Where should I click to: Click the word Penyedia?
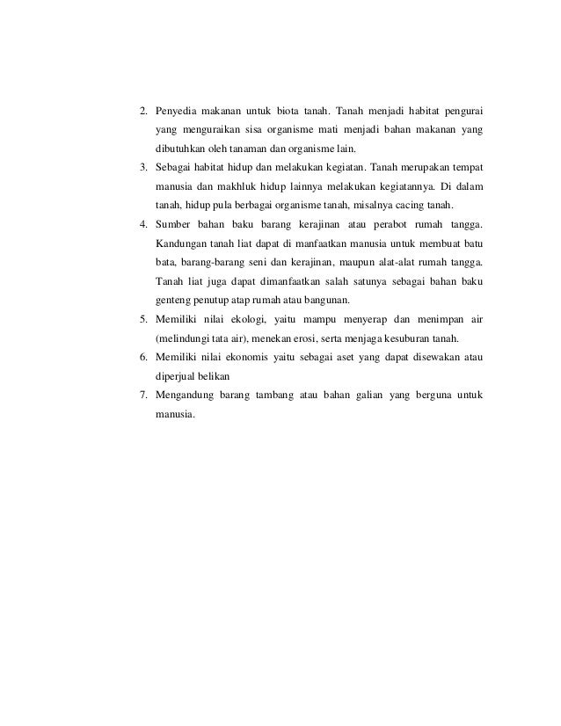coord(176,112)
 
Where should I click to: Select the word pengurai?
coord(458,112)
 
